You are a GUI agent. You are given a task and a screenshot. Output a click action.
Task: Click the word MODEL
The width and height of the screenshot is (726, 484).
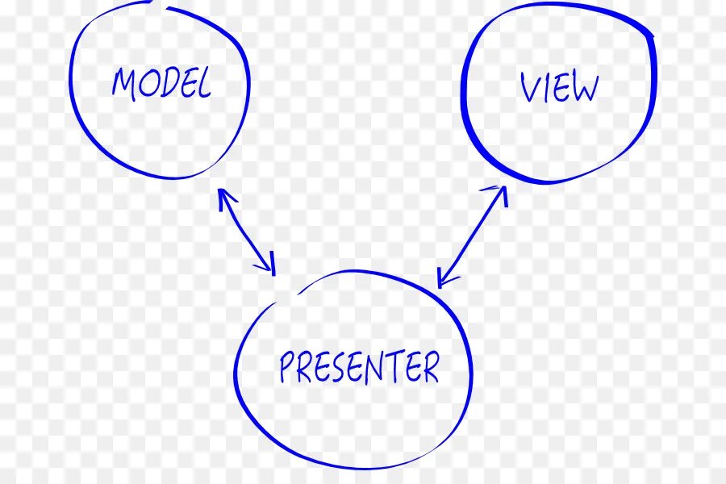[x=161, y=83]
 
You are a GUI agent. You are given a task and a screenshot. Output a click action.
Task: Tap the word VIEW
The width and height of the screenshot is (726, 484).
[x=559, y=87]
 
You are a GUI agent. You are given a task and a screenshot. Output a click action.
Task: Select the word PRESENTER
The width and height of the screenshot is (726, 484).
[x=359, y=368]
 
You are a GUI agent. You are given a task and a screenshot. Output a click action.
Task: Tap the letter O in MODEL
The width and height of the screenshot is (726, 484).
[x=148, y=83]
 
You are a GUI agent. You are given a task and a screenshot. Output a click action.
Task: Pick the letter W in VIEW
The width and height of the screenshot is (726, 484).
[x=584, y=88]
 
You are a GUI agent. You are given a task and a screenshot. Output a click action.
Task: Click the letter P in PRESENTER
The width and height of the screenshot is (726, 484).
[x=286, y=368]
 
